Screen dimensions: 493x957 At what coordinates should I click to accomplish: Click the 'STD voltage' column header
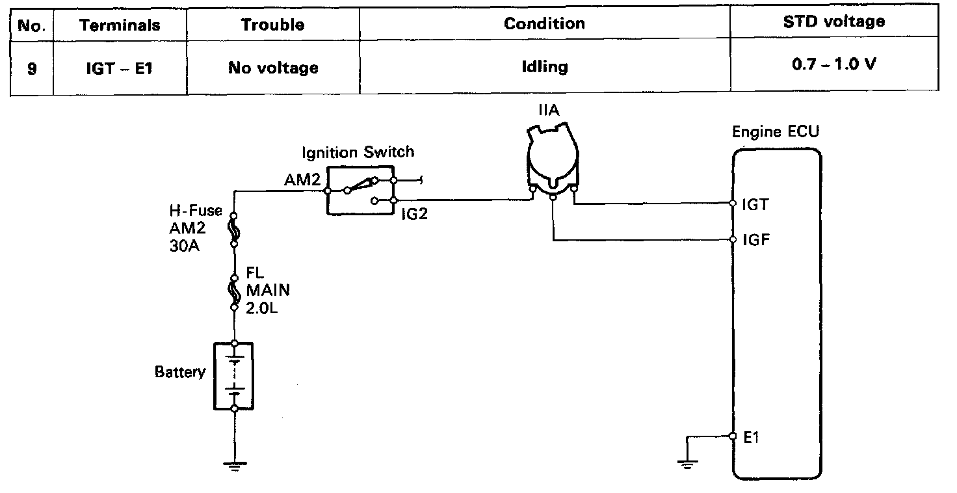833,22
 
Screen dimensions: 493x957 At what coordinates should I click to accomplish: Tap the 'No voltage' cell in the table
273,67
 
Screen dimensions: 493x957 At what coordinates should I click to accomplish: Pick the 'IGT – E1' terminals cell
119,67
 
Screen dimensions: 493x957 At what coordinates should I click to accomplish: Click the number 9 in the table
32,67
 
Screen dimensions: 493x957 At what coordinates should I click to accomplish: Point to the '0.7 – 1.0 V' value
833,66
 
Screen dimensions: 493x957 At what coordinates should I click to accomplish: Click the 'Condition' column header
544,24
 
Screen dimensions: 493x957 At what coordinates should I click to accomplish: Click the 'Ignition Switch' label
358,152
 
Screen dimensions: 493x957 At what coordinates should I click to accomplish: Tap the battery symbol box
233,375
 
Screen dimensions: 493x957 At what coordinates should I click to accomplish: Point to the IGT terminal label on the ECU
755,205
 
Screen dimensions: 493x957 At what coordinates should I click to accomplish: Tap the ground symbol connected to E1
686,463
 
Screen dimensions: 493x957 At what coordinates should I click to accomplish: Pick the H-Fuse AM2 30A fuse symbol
233,230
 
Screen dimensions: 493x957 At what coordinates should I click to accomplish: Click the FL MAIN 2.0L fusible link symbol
233,290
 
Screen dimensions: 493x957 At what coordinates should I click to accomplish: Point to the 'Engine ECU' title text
776,131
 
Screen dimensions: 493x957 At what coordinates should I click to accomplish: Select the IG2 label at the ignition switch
413,213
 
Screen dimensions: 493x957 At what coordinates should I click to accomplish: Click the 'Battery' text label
179,372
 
